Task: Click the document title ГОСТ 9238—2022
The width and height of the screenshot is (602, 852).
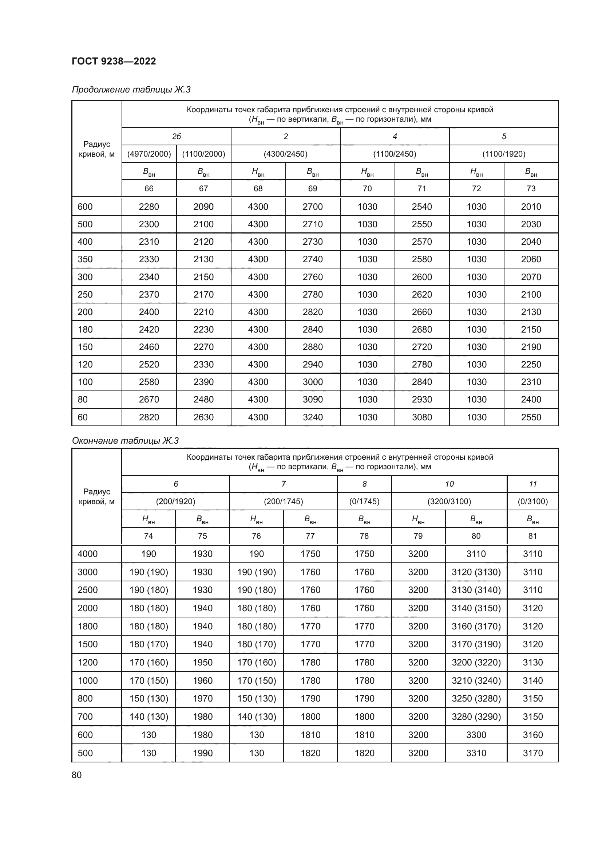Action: pyautogui.click(x=114, y=61)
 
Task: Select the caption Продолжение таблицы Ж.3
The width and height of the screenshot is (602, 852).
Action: pyautogui.click(x=131, y=90)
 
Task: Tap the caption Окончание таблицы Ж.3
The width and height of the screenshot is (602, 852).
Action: pyautogui.click(x=125, y=440)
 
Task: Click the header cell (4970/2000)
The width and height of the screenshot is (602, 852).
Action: pyautogui.click(x=149, y=154)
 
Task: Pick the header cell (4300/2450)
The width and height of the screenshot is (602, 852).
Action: pyautogui.click(x=285, y=154)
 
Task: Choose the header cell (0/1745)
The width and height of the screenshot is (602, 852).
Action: pyautogui.click(x=364, y=501)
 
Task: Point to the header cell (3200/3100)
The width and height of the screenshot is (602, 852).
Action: pyautogui.click(x=449, y=501)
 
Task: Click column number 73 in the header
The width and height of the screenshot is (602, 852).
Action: pyautogui.click(x=531, y=189)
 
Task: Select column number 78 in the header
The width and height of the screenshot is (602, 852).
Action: pyautogui.click(x=364, y=536)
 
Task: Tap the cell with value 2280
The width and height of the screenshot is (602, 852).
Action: pyautogui.click(x=149, y=207)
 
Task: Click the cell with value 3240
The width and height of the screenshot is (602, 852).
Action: pyautogui.click(x=313, y=417)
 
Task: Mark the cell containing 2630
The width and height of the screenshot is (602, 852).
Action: pyautogui.click(x=203, y=417)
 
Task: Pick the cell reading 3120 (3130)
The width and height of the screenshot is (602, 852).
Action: pyautogui.click(x=476, y=572)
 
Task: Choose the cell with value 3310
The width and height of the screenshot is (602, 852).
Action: pyautogui.click(x=476, y=753)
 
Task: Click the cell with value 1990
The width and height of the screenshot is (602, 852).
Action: pyautogui.click(x=203, y=753)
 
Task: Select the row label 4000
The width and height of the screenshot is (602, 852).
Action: pyautogui.click(x=87, y=554)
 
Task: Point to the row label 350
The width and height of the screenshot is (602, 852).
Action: pyautogui.click(x=85, y=259)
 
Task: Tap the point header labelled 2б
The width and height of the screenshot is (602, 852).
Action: pyautogui.click(x=177, y=137)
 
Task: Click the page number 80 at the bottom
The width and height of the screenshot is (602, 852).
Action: pyautogui.click(x=77, y=775)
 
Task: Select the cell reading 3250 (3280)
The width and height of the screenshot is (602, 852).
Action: pyautogui.click(x=476, y=698)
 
